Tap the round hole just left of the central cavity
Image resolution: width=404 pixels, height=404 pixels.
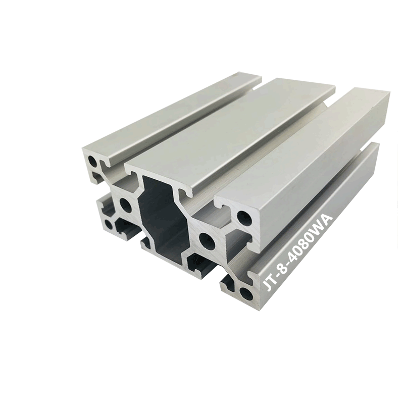[125, 205]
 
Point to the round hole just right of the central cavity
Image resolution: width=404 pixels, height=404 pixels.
[208, 241]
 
